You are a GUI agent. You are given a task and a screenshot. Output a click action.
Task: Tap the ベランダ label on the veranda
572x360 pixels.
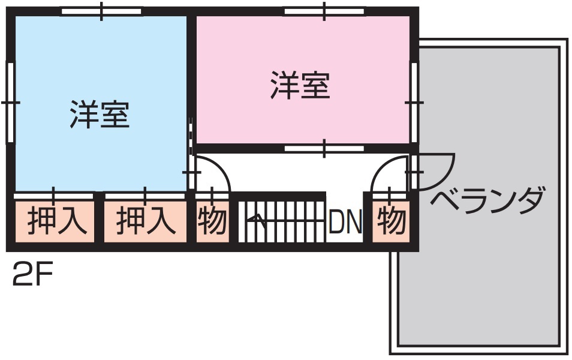click(x=487, y=199)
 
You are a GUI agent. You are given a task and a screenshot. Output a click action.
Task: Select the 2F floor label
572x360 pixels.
click(x=32, y=277)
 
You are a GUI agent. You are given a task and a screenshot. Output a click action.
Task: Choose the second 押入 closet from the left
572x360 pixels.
click(x=144, y=221)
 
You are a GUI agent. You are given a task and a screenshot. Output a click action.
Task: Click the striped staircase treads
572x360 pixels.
click(x=282, y=221)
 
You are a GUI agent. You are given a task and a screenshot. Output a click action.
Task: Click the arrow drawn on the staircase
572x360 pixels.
click(x=257, y=221)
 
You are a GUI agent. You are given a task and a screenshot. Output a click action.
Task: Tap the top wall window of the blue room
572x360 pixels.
click(x=102, y=11)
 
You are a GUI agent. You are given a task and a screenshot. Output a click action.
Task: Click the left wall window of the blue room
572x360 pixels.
click(x=10, y=102)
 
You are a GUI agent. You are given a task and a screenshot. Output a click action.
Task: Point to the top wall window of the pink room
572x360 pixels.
click(x=324, y=11)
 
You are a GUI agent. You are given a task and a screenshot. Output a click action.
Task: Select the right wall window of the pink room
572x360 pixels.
click(x=413, y=102)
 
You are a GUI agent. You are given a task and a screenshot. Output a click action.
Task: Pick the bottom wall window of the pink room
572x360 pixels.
click(x=324, y=148)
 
